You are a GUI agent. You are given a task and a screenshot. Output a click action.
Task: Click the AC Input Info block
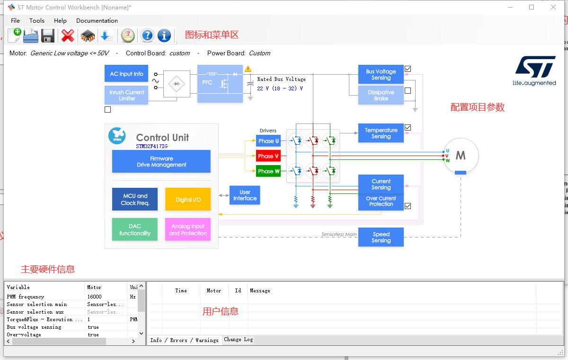click(x=126, y=74)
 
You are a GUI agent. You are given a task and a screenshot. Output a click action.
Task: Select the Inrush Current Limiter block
click(x=126, y=95)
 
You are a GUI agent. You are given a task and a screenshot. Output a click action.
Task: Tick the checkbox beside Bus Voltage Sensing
click(x=408, y=69)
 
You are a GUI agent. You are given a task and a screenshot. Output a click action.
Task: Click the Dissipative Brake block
click(x=381, y=95)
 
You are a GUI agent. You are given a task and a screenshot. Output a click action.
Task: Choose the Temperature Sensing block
click(x=381, y=133)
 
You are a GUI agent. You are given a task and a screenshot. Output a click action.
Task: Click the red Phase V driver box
click(x=268, y=156)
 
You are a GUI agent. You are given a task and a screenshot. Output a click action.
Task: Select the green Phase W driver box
click(x=268, y=171)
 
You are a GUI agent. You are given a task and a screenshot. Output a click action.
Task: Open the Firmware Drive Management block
click(x=161, y=161)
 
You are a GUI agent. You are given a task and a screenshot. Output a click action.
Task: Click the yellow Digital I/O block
click(x=188, y=199)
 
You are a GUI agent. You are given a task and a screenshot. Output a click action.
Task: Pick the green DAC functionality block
click(x=135, y=229)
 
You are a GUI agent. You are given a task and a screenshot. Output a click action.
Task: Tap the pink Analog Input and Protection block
click(x=188, y=229)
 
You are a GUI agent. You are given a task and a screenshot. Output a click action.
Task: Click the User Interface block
click(x=245, y=195)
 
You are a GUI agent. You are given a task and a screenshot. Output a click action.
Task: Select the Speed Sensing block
click(x=381, y=237)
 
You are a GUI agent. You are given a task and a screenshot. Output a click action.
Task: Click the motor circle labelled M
click(x=461, y=155)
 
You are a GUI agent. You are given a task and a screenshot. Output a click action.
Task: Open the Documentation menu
click(x=97, y=20)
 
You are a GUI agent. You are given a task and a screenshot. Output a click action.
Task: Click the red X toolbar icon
click(x=68, y=35)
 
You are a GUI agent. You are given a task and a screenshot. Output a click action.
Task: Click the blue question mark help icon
click(x=147, y=35)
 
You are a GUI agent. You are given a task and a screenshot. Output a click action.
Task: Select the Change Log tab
click(x=239, y=339)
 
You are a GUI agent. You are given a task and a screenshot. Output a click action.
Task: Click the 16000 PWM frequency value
click(x=94, y=297)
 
